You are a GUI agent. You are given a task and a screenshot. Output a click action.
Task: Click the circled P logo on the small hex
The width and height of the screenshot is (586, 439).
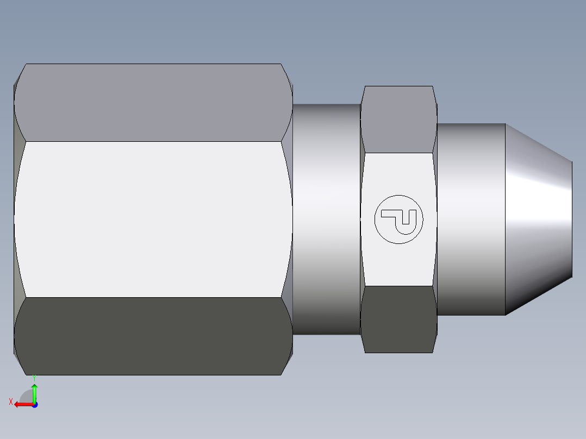coord(398,219)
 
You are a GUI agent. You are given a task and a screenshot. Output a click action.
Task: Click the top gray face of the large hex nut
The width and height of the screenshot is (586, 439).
coord(152,102)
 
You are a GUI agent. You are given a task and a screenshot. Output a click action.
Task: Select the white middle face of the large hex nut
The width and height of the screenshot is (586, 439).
coord(152,219)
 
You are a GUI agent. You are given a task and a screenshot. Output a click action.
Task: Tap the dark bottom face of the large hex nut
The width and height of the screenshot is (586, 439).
coord(152,336)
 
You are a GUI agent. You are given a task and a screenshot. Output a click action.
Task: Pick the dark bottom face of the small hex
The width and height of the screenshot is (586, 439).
coord(398,319)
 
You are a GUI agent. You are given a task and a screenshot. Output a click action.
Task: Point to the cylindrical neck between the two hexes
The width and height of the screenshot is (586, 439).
coord(326,219)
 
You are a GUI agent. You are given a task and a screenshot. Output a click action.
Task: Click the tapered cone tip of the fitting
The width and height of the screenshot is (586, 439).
coord(538,219)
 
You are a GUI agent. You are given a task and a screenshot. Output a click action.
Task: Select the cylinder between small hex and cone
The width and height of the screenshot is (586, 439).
coord(471,219)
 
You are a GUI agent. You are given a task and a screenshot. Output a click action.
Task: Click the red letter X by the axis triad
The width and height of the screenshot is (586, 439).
coord(10,402)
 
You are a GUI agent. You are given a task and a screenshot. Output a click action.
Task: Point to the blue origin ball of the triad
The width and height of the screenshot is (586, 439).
coord(34,404)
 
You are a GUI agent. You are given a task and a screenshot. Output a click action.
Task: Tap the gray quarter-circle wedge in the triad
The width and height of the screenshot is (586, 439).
coord(27,397)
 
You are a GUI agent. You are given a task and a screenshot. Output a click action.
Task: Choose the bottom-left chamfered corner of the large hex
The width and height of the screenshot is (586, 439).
coord(19,363)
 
